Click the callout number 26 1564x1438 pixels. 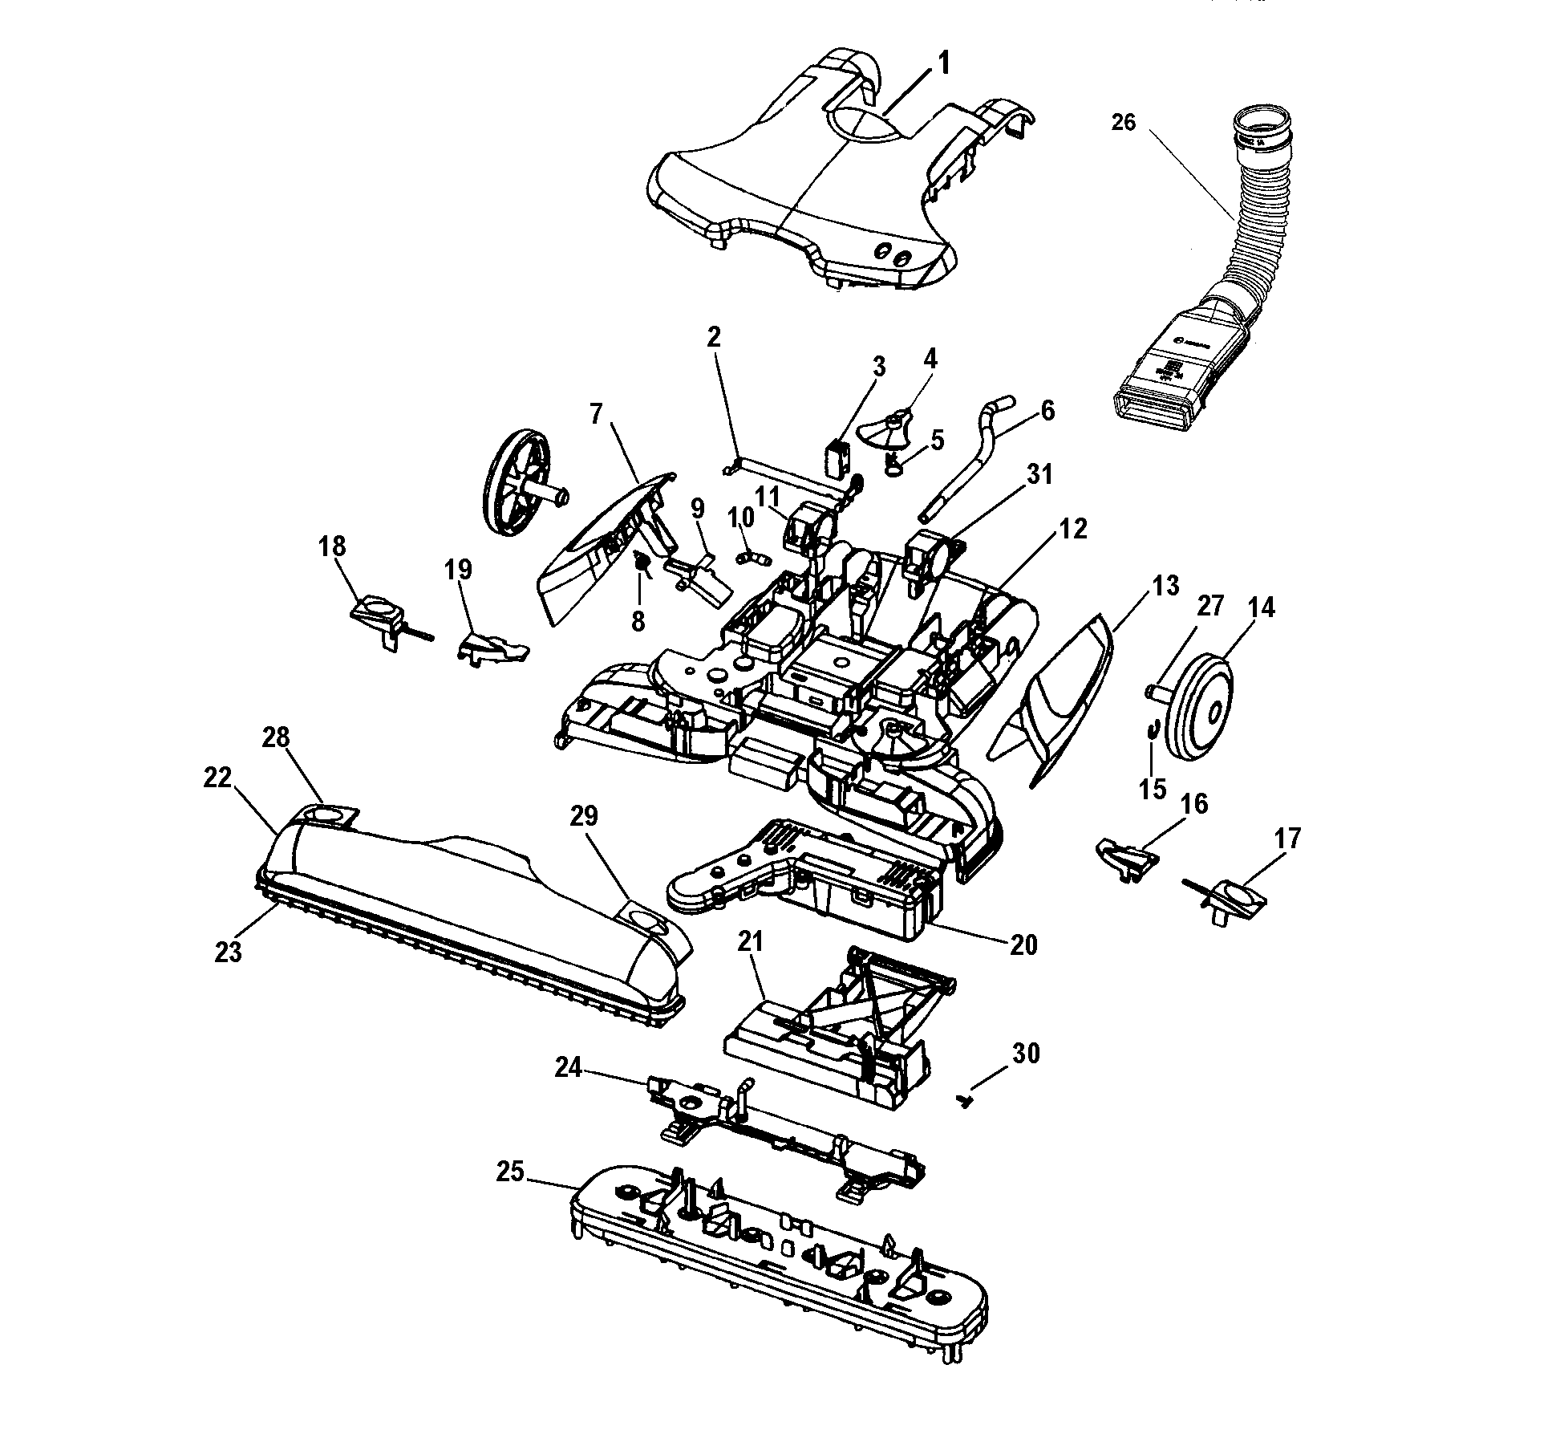pyautogui.click(x=1123, y=123)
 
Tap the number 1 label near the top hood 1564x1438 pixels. pyautogui.click(x=944, y=63)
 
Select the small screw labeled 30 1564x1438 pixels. pyautogui.click(x=966, y=1101)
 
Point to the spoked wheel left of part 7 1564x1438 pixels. pyautogui.click(x=519, y=481)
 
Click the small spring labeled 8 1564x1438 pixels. pyautogui.click(x=642, y=562)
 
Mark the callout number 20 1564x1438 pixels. pyautogui.click(x=1023, y=944)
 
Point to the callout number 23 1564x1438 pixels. pyautogui.click(x=229, y=953)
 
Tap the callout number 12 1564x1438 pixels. pyautogui.click(x=1072, y=530)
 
